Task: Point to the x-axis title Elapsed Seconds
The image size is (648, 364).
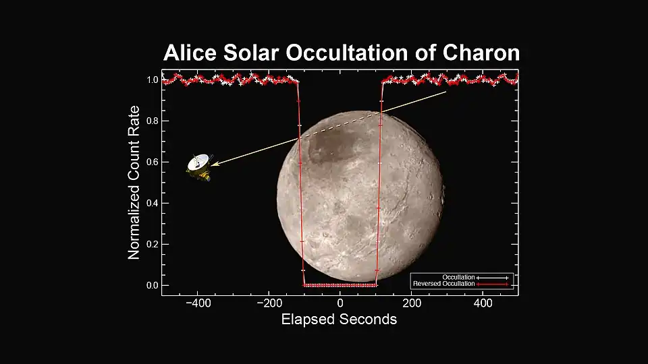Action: coord(339,319)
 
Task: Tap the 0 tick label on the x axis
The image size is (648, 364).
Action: coord(340,303)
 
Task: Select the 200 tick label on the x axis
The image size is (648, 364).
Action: coord(411,303)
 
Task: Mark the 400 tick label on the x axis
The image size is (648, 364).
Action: coord(483,303)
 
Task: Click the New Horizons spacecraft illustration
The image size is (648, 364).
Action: coord(199,167)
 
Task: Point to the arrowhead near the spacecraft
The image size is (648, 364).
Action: coord(213,164)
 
